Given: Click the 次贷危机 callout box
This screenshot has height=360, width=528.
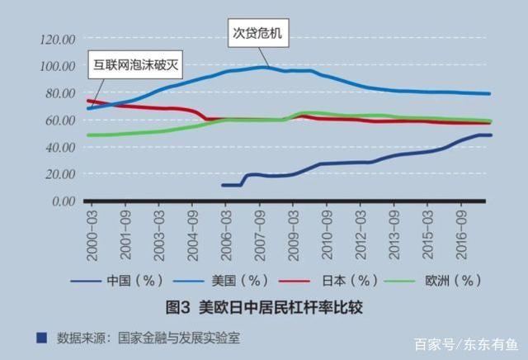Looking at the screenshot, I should click(258, 34).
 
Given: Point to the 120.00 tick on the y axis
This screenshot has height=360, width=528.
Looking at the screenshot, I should click(58, 39).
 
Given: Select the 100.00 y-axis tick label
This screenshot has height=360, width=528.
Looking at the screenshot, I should click(58, 66).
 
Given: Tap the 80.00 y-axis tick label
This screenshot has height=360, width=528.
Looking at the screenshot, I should click(60, 93).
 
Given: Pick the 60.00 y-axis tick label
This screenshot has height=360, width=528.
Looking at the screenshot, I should click(60, 120).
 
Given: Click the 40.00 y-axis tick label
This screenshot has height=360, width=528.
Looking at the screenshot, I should click(60, 147).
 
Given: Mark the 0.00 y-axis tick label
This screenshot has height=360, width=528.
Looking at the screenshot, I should click(63, 201).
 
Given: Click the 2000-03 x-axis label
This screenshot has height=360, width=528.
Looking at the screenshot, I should click(92, 231).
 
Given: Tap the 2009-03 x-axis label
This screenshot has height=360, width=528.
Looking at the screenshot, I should click(293, 231).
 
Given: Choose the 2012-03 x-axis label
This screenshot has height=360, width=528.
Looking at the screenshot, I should click(360, 231).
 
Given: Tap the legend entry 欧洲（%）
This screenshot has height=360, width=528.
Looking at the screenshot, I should click(445, 280).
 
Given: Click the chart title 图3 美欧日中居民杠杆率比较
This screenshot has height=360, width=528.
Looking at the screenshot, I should click(265, 307).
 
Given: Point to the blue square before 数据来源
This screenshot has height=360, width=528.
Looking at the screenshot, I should click(42, 337).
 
